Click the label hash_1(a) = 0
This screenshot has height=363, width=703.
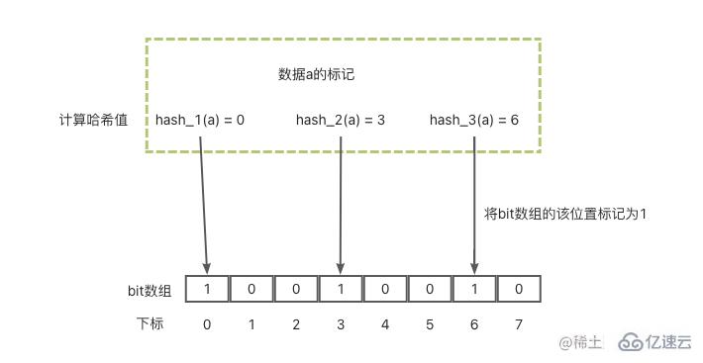coord(199,120)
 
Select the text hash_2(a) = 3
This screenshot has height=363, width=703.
coord(340,120)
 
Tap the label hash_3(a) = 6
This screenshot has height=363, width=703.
coord(473,120)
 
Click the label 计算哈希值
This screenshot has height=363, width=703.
coord(92,120)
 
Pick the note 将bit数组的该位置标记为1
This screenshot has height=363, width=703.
coord(564,213)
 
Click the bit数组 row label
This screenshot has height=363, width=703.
coord(150,290)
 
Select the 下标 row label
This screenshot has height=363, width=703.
coord(150,323)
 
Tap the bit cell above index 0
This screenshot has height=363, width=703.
coord(207,289)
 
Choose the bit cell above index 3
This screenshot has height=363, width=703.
coord(341,289)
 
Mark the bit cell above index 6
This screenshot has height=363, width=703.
coord(474,289)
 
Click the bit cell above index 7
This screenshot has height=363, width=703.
coord(519,289)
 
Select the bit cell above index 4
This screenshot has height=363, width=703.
coord(385,289)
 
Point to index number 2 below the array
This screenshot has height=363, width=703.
coord(296,323)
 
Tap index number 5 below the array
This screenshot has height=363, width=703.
coord(430,323)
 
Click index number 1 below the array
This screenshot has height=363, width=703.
coord(251,323)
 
